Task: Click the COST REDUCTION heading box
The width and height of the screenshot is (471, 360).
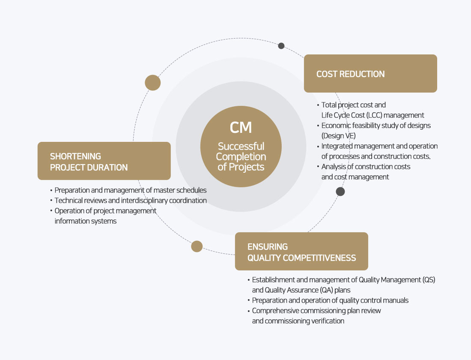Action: (370, 73)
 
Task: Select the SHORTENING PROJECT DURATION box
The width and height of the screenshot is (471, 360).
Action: (104, 161)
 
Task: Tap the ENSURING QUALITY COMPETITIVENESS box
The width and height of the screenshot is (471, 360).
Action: (301, 252)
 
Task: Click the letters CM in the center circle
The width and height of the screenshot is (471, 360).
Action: (241, 127)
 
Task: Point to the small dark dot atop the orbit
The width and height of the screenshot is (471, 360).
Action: (281, 46)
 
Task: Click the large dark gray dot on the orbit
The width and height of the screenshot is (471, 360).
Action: (340, 192)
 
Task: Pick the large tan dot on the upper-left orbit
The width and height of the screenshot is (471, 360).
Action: (152, 82)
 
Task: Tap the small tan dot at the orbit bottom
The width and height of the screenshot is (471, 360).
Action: (197, 246)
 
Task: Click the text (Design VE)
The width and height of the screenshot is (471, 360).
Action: (338, 136)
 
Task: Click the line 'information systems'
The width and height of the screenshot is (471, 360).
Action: (86, 221)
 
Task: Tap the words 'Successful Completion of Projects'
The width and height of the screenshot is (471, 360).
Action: (241, 157)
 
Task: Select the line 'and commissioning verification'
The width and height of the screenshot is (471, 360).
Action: (298, 321)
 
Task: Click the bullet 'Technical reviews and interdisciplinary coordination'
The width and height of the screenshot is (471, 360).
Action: (131, 201)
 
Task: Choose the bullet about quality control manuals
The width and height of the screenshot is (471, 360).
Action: (330, 300)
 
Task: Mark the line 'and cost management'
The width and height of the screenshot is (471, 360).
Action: (355, 177)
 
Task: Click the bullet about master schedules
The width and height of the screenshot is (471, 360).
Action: (131, 190)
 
